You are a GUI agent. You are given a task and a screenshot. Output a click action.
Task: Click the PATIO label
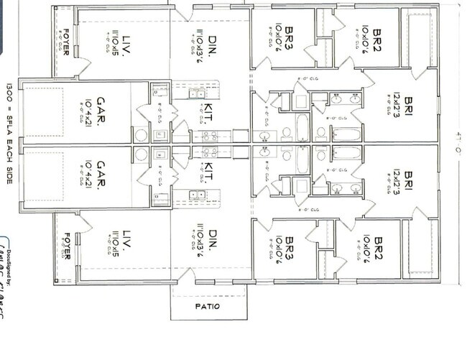(x=208, y=307)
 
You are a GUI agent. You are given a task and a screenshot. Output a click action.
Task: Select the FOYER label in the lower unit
(x=66, y=246)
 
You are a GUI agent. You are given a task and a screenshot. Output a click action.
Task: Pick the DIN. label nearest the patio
(x=213, y=240)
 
